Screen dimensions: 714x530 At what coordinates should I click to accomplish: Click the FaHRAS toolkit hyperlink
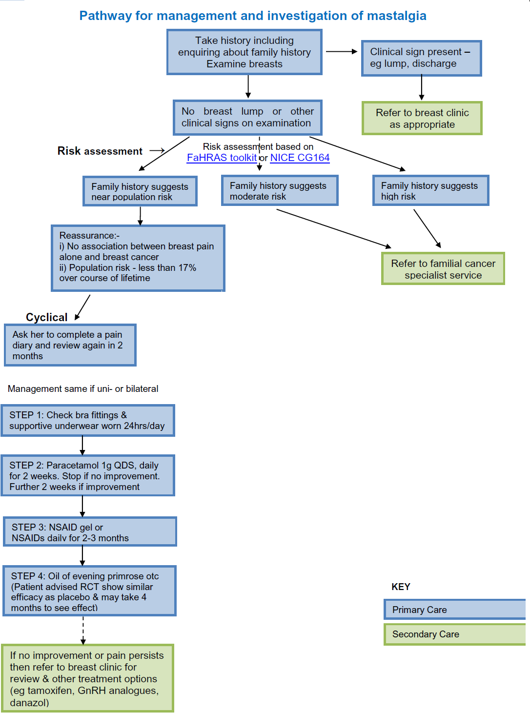222,158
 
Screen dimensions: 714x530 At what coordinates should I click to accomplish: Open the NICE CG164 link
300,158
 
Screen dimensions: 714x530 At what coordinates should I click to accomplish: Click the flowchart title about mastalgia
253,16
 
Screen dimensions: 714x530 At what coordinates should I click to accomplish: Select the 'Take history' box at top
245,52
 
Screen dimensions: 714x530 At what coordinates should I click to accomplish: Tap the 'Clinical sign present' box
421,58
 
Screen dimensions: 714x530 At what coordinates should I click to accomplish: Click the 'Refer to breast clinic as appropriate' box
422,118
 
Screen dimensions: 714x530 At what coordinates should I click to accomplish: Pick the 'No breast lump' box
247,117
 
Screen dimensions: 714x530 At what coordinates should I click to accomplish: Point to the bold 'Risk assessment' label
100,151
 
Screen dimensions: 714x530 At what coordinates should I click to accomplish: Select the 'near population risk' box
140,191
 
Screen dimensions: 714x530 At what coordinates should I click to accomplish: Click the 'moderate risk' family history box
279,191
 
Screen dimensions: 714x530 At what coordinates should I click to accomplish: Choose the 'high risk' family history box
430,191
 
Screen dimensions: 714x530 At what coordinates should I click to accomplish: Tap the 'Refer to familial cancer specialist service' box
443,269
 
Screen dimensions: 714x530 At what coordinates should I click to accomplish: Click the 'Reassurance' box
138,258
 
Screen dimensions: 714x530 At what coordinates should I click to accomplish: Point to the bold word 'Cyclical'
47,317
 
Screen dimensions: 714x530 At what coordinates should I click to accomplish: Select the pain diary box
70,345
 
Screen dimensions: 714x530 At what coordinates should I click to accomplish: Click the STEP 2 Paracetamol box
87,476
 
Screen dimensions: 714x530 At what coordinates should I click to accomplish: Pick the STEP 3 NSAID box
90,532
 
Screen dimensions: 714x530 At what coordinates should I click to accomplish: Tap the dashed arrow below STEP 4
83,630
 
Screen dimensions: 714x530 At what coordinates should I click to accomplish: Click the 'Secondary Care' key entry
454,634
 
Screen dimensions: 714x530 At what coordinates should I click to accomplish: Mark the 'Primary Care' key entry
454,610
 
